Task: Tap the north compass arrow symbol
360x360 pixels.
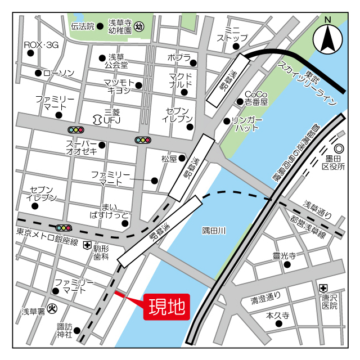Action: [328, 38]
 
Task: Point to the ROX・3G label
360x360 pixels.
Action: [41, 44]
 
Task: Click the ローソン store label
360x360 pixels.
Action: [58, 73]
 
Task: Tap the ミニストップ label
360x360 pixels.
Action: [232, 33]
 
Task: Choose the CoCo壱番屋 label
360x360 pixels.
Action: [256, 98]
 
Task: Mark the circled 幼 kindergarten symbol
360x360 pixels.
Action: [140, 26]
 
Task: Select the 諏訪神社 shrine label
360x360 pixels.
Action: [65, 330]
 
